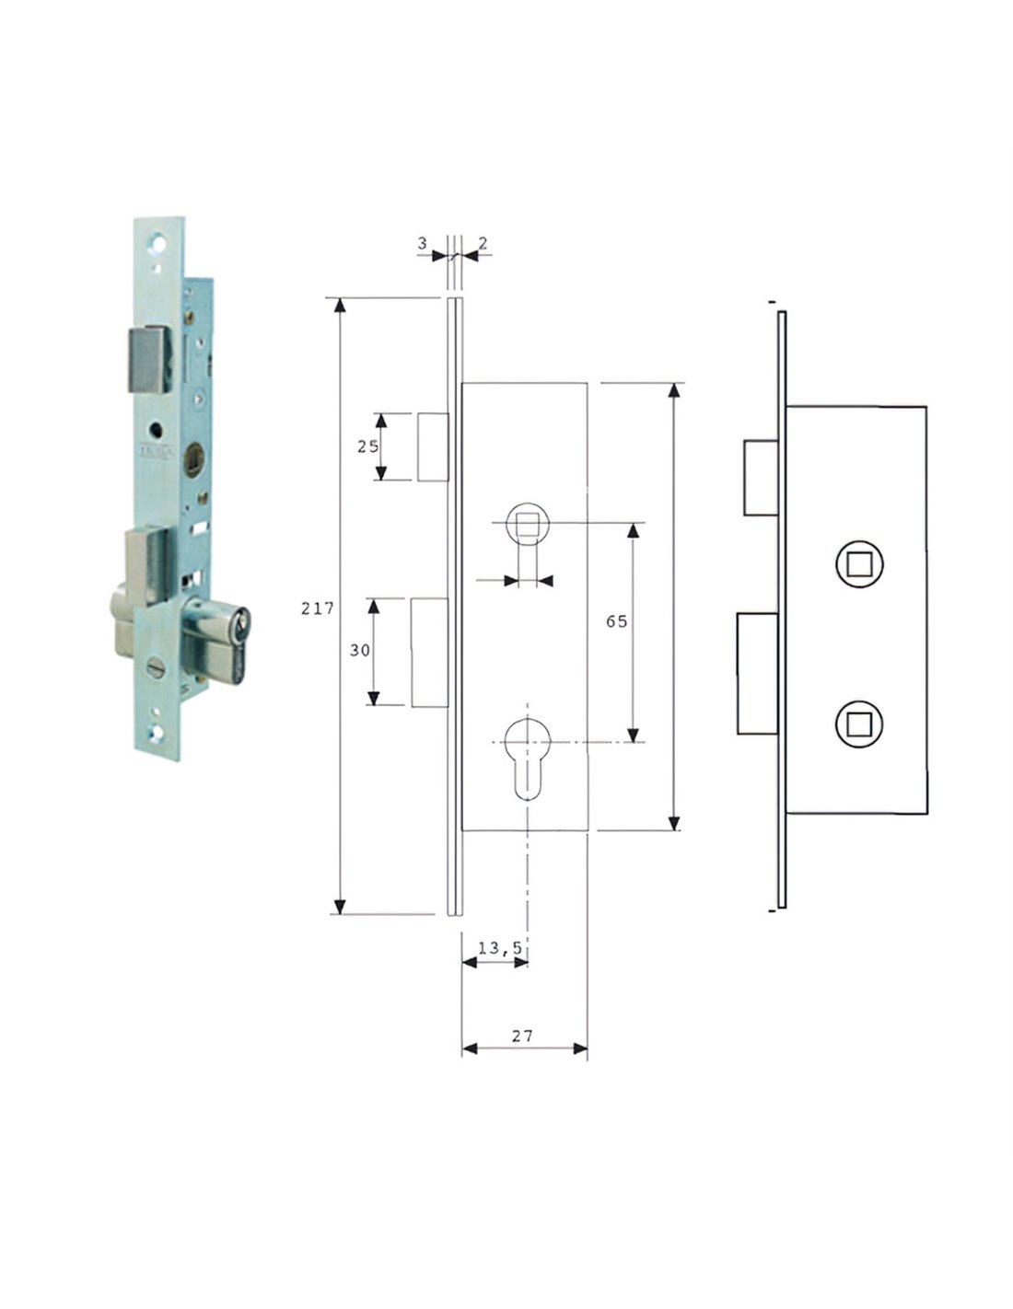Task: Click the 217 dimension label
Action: click(317, 608)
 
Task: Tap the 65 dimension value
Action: click(616, 621)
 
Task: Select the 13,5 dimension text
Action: click(500, 948)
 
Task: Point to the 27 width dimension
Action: click(522, 1036)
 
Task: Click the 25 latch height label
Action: click(368, 446)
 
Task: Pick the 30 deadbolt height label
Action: click(360, 650)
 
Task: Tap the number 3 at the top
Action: click(423, 243)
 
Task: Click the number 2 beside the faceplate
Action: click(483, 243)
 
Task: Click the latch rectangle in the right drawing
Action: click(761, 478)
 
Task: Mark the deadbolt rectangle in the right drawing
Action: click(758, 674)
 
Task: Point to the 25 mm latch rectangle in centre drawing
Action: click(433, 447)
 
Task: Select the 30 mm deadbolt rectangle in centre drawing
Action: click(430, 653)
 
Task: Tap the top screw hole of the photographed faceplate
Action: click(159, 242)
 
